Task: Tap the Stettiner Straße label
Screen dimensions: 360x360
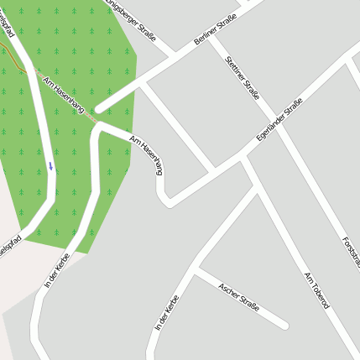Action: (243, 78)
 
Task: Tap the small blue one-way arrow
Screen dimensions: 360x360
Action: (50, 165)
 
